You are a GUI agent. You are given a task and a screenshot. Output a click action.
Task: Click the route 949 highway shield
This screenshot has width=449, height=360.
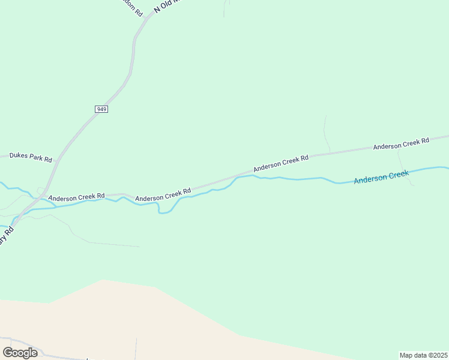point(101,109)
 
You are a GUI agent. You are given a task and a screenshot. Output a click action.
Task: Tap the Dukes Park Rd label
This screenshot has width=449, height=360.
point(31,158)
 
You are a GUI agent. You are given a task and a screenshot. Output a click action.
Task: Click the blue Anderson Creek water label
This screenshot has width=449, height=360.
point(381,177)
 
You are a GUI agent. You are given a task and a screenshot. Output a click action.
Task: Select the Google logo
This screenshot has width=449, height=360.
point(20,353)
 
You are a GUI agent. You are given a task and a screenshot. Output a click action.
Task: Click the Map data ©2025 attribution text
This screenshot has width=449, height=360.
point(423,355)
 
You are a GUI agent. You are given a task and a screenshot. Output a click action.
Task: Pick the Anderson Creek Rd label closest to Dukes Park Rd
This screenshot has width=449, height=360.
point(76,197)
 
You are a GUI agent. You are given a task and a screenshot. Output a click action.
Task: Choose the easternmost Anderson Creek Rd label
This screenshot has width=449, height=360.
point(401,143)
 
